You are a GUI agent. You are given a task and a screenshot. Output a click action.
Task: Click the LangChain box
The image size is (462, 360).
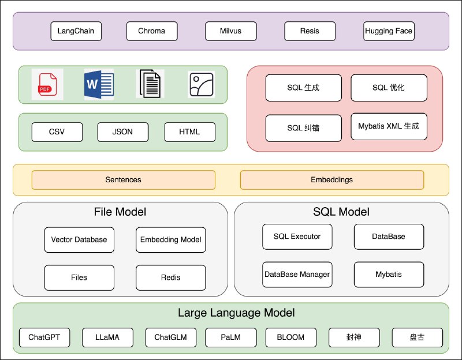coord(76,31)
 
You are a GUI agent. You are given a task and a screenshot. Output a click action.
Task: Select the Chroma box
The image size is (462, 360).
coord(151,31)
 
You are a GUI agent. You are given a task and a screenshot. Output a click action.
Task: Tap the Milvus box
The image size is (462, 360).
coord(230,31)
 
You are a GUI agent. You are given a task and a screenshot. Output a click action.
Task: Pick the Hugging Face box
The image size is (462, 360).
coord(389,31)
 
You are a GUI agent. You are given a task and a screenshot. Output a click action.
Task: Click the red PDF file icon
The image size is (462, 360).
coord(47,85)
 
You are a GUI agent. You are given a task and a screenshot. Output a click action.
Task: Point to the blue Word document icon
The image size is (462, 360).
coord(99,85)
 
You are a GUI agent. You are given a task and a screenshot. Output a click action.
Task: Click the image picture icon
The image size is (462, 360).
coord(202,85)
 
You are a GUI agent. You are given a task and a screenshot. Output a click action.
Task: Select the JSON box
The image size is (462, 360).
coord(122,132)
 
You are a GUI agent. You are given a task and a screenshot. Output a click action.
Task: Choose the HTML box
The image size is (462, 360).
coord(189,132)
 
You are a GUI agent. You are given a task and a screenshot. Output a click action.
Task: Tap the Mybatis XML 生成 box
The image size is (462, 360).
coord(389,126)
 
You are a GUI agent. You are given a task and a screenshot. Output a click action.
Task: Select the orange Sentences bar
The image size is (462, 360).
coord(123,179)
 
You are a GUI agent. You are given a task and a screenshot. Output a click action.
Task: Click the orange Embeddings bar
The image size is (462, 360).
coord(331,179)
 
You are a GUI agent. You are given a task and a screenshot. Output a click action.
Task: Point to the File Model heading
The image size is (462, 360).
coord(120,212)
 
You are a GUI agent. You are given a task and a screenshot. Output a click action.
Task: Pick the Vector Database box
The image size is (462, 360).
coord(79,239)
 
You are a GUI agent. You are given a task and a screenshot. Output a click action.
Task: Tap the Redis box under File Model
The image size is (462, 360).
coord(170,277)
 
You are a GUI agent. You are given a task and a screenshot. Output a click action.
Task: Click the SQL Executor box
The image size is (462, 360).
coord(297,237)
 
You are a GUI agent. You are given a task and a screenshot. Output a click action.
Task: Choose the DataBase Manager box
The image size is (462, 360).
coord(297,274)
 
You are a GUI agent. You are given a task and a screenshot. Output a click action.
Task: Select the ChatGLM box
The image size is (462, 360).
coord(170,337)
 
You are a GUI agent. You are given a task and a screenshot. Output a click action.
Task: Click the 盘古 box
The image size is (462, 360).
coord(417,337)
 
